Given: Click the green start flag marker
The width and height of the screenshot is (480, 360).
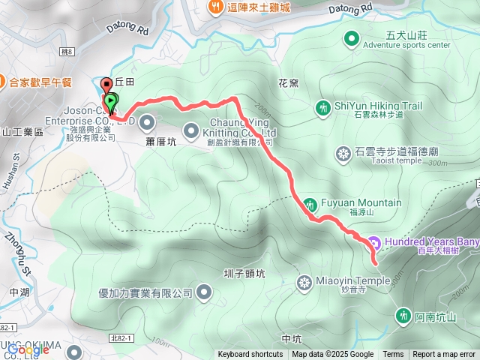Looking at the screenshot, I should pos(111,99).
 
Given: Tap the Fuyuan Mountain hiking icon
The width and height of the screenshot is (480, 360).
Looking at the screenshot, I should pos(310,203).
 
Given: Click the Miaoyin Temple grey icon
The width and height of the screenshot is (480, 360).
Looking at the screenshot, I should pos(304,282).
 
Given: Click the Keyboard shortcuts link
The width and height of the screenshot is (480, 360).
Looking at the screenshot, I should pos(250,355).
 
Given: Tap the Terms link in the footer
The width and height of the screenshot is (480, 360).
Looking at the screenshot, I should pos(393,355).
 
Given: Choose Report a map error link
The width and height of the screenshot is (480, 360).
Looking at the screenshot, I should pos(445,355).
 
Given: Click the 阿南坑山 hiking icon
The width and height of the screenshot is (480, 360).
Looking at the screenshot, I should pos(403,316).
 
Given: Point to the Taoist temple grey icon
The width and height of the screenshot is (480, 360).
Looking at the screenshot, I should pos(344,154).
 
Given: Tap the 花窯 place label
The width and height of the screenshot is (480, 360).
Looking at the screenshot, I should pos(288,82).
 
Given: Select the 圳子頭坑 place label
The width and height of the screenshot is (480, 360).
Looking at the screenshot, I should pos(244,274).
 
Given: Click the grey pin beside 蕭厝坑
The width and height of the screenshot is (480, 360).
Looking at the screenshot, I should pos(147,121).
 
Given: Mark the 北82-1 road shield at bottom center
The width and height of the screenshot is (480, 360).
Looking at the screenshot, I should pos(119,339).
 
